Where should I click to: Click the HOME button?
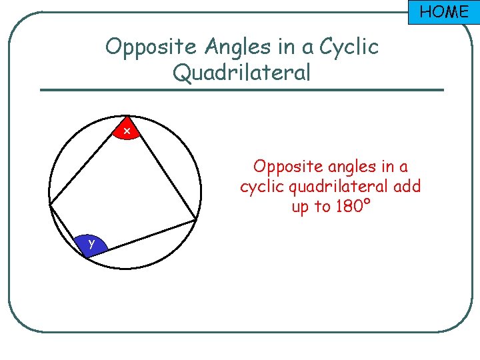pyautogui.click(x=443, y=11)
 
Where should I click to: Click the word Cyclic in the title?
pyautogui.click(x=349, y=47)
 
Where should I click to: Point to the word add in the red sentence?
pyautogui.click(x=407, y=186)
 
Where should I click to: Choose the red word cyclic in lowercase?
pyautogui.click(x=258, y=187)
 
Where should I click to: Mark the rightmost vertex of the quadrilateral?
pyautogui.click(x=197, y=219)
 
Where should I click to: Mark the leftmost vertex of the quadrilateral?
pyautogui.click(x=50, y=205)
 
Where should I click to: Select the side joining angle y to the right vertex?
pyautogui.click(x=151, y=234)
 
